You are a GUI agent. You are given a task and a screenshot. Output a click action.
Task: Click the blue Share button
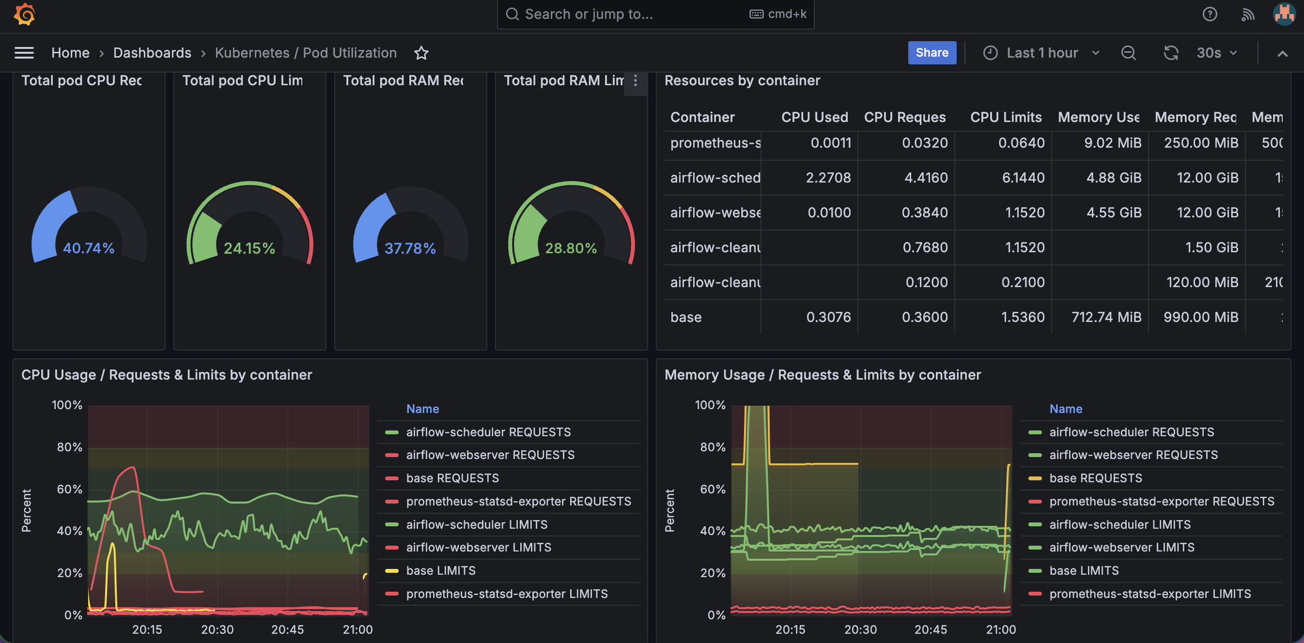pyautogui.click(x=931, y=53)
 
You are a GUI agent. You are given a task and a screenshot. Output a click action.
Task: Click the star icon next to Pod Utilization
pyautogui.click(x=421, y=53)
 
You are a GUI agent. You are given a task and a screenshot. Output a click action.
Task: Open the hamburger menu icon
pyautogui.click(x=24, y=53)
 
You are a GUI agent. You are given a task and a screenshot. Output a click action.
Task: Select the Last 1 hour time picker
pyautogui.click(x=1041, y=53)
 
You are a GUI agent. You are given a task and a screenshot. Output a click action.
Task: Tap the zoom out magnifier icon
pyautogui.click(x=1128, y=53)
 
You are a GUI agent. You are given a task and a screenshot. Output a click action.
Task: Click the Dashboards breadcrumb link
pyautogui.click(x=152, y=53)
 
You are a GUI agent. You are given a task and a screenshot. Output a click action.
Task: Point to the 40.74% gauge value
pyautogui.click(x=89, y=248)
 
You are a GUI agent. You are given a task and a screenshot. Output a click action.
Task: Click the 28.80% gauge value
pyautogui.click(x=571, y=248)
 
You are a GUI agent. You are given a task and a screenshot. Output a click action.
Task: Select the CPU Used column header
pyautogui.click(x=814, y=117)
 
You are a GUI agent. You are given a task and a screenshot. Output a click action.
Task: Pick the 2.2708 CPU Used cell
pyautogui.click(x=828, y=178)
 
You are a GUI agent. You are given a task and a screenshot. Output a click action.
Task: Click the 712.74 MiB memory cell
pyautogui.click(x=1106, y=317)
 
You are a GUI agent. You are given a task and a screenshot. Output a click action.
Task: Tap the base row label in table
pyautogui.click(x=686, y=317)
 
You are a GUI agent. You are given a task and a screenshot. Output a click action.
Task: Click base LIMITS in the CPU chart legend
pyautogui.click(x=440, y=571)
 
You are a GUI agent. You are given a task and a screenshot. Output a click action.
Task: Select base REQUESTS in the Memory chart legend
pyautogui.click(x=1095, y=478)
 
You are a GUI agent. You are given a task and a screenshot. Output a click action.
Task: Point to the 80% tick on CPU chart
pyautogui.click(x=69, y=447)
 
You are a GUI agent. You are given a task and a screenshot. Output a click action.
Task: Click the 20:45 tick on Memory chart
pyautogui.click(x=931, y=629)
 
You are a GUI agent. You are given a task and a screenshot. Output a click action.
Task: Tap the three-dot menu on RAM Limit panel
pyautogui.click(x=636, y=81)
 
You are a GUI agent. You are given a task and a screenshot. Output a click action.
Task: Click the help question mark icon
pyautogui.click(x=1210, y=14)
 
